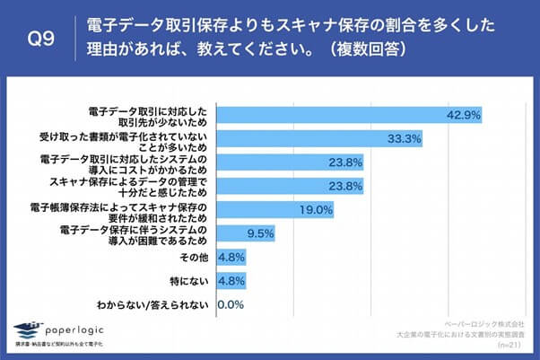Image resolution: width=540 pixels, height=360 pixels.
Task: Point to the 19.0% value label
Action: (x=316, y=210)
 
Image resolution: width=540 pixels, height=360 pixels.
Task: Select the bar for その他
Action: (x=228, y=258)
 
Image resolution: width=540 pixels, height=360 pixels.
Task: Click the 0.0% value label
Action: (x=231, y=304)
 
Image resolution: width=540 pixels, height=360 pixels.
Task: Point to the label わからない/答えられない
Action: (x=155, y=304)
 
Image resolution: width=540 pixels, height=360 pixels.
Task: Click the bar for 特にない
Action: (x=228, y=281)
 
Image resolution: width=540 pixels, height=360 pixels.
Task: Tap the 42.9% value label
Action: (x=466, y=114)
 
